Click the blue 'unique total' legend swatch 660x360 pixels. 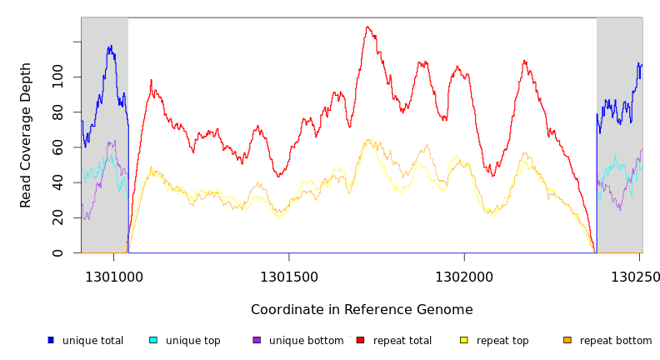point(51,340)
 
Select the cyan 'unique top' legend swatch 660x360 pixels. point(153,340)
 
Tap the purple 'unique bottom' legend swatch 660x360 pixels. point(257,340)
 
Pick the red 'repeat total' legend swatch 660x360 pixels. point(360,340)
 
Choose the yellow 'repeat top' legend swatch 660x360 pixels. point(463,340)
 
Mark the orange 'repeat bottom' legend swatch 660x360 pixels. point(567,340)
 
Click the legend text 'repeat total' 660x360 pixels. point(402,341)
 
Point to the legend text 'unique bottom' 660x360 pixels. point(306,341)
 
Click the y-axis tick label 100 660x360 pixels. point(57,77)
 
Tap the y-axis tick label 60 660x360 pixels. point(57,147)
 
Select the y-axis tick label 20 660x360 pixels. point(57,217)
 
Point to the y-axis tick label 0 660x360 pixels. point(57,252)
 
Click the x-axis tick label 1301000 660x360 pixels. point(113,277)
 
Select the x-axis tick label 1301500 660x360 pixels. point(289,277)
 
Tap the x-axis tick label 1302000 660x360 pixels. point(464,277)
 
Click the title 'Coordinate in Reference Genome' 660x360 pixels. point(362,310)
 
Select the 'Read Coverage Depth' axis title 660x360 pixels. point(26,135)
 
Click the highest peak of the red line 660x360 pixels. point(367,27)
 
